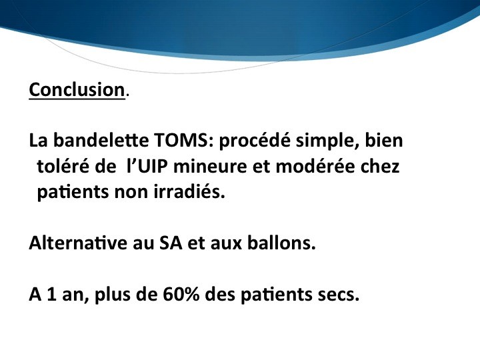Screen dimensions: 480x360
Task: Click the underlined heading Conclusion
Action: pyautogui.click(x=77, y=90)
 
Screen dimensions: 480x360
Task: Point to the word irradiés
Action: pyautogui.click(x=189, y=192)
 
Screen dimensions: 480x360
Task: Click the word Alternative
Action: pyautogui.click(x=78, y=243)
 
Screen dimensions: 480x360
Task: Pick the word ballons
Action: pyautogui.click(x=281, y=243)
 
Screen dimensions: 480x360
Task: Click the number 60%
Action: pyautogui.click(x=181, y=295)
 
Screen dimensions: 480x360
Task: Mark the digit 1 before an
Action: pyautogui.click(x=52, y=295)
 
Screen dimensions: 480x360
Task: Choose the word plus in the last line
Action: pyautogui.click(x=113, y=295)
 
